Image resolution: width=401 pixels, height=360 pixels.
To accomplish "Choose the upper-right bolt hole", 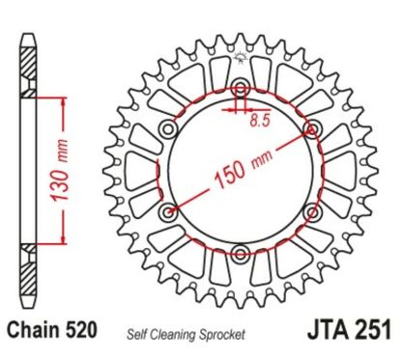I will pos(311,127).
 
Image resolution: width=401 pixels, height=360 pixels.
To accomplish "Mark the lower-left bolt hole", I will pos(170,212).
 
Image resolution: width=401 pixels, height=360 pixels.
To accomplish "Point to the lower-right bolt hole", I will pos(311,212).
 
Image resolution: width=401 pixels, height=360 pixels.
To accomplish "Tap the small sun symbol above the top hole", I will pos(241,64).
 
